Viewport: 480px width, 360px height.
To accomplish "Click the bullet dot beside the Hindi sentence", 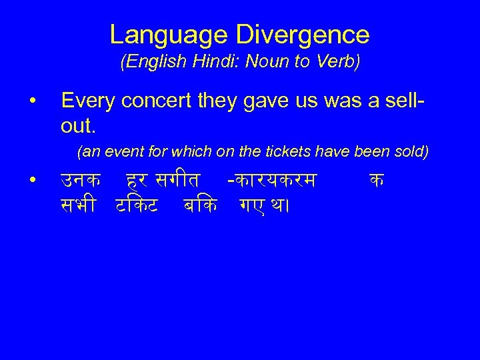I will coord(32,179).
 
